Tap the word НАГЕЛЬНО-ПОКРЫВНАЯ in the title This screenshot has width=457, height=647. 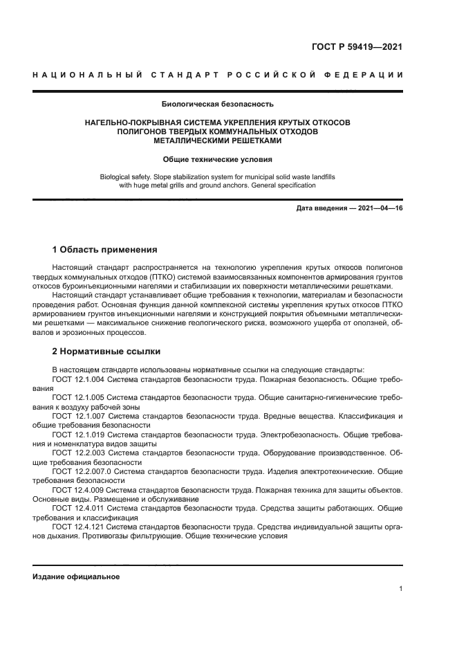(x=131, y=122)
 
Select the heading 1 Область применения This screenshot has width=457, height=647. (x=105, y=249)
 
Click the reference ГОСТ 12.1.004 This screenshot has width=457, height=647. (x=80, y=380)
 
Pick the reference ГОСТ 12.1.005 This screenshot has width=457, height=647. (x=80, y=399)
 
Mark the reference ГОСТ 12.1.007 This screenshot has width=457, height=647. (x=80, y=417)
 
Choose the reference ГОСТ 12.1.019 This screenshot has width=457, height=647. (x=80, y=435)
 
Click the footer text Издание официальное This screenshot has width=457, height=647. (x=76, y=576)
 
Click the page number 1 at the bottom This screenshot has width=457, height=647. (x=400, y=589)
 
